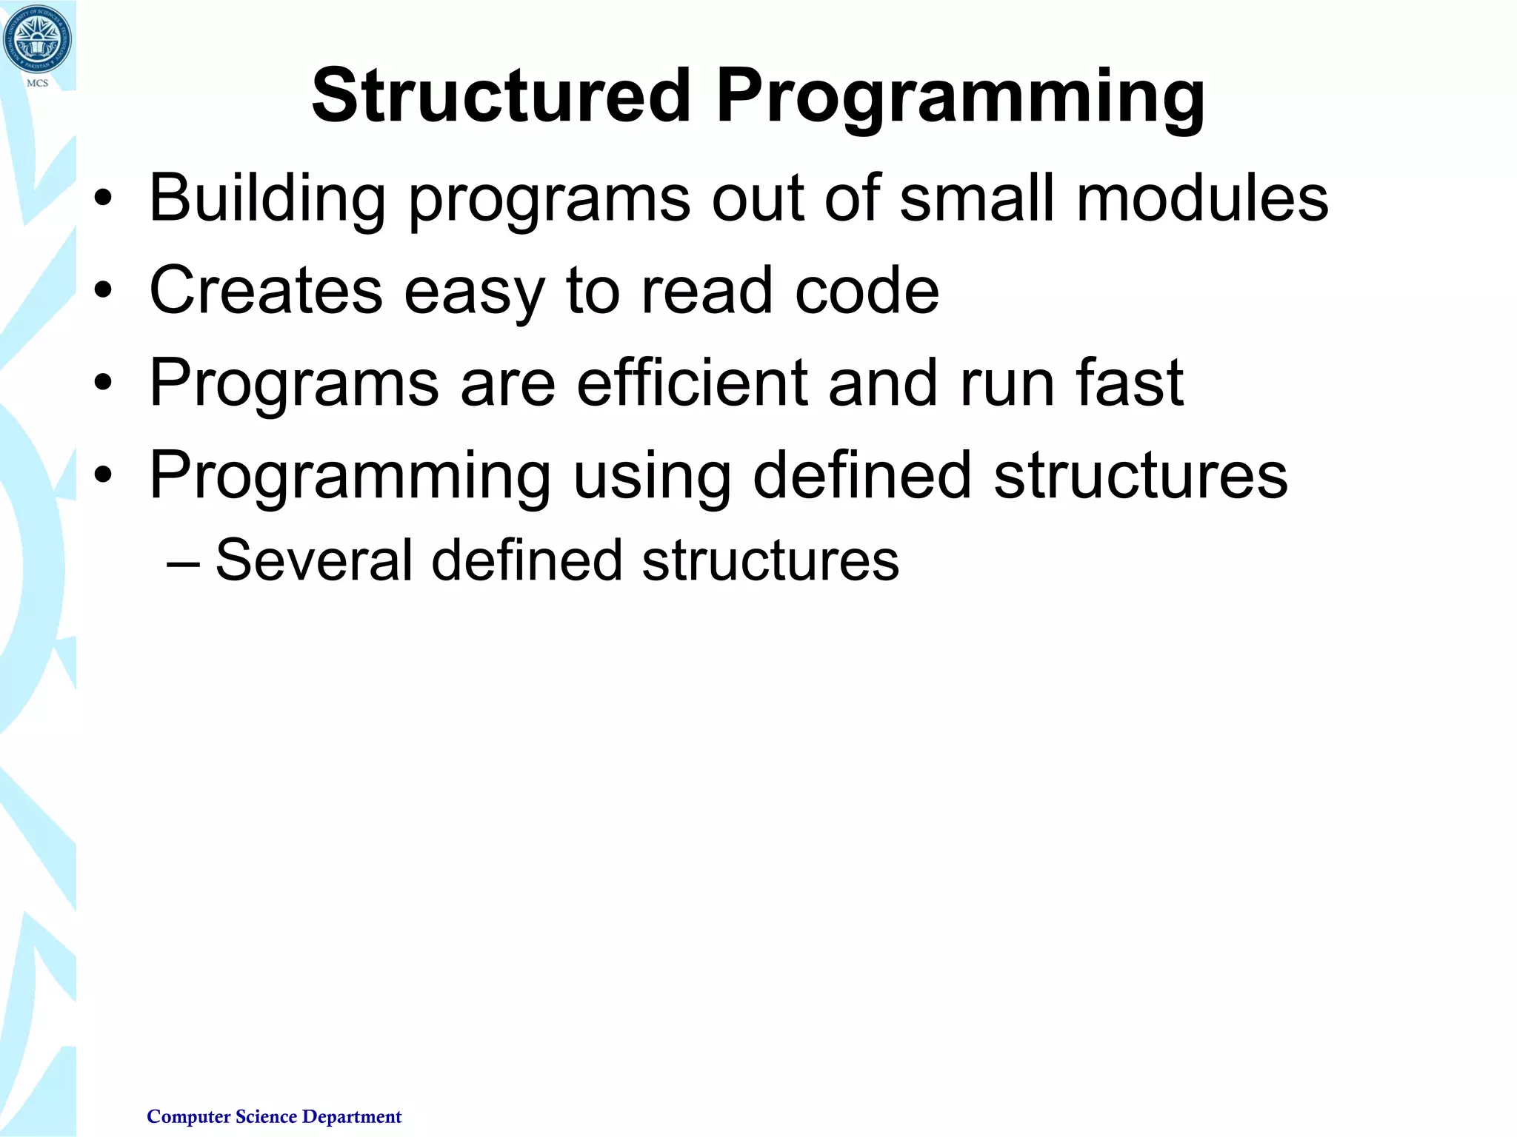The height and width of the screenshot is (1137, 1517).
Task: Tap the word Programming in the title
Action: point(960,96)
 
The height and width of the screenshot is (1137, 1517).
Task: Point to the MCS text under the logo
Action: point(37,83)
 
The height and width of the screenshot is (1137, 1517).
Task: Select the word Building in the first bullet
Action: point(267,198)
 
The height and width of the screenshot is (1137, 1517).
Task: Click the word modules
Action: point(1202,198)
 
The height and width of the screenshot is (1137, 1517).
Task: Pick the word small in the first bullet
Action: point(976,198)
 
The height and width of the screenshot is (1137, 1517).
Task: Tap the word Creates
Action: point(266,290)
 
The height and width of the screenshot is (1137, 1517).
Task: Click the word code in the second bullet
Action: point(867,290)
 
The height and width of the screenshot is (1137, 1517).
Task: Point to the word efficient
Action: point(692,383)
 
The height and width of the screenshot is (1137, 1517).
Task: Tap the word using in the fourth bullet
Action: point(652,476)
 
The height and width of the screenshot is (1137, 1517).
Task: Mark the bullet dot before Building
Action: point(103,199)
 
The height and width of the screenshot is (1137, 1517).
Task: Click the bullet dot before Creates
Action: point(103,291)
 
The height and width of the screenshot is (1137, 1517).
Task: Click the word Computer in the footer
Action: point(188,1116)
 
